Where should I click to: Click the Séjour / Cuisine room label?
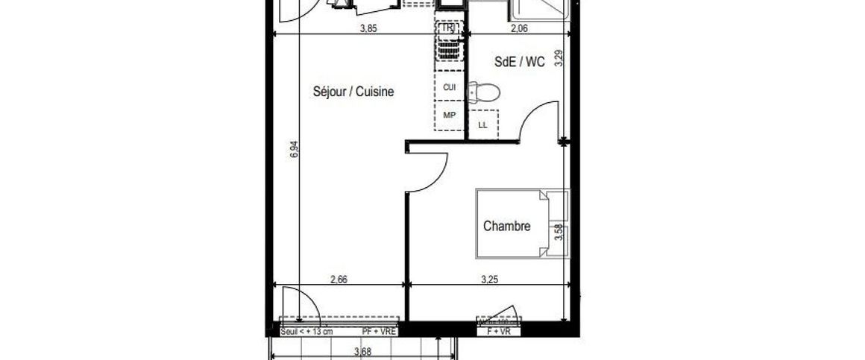click(352, 92)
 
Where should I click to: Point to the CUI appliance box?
click(450, 88)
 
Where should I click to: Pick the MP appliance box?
click(450, 116)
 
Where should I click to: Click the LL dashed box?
click(482, 124)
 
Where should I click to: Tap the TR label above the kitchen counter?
click(448, 28)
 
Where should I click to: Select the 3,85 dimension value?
click(368, 29)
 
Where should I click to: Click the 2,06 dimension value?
click(519, 29)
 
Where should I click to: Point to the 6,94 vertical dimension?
click(295, 149)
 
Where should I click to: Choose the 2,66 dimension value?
click(339, 280)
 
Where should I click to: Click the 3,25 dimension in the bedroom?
click(490, 280)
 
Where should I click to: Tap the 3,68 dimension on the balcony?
click(362, 353)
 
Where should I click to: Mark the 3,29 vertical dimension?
click(559, 60)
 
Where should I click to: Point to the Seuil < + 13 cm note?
click(306, 330)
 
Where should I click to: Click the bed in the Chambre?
click(512, 223)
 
